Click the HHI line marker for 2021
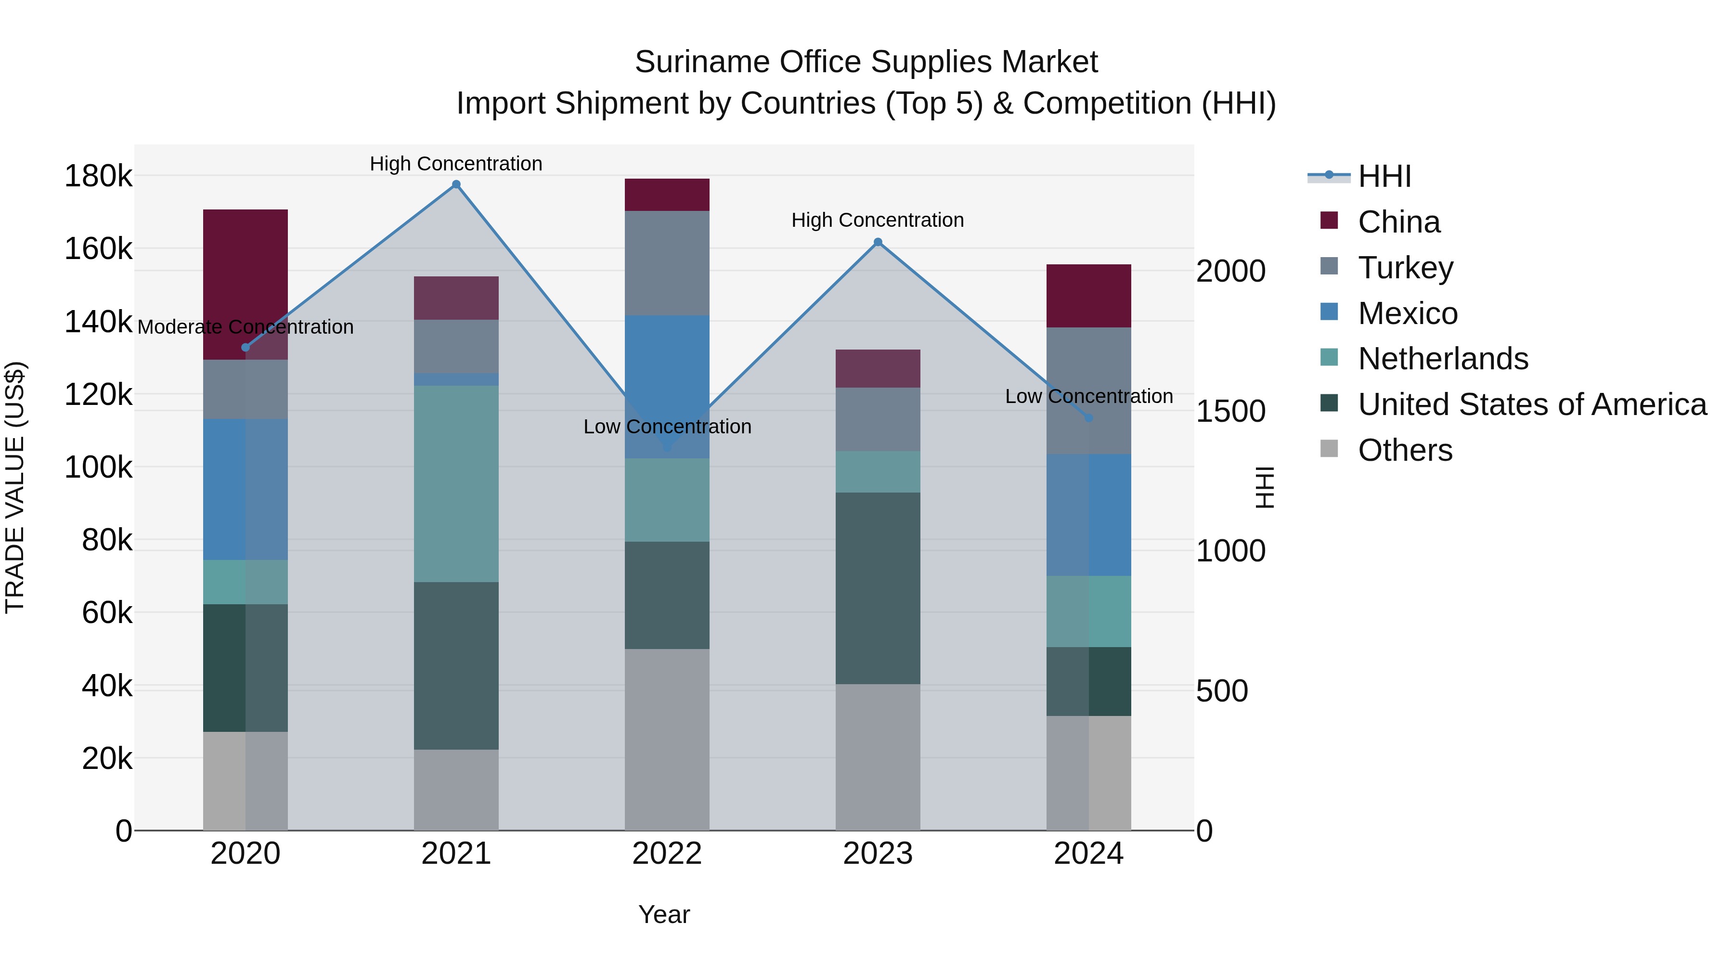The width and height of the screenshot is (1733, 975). pyautogui.click(x=456, y=184)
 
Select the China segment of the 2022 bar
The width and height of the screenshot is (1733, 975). pyautogui.click(x=667, y=195)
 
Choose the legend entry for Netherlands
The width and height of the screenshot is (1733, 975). pyautogui.click(x=1442, y=359)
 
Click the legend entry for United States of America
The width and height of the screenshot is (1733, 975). pyautogui.click(x=1531, y=404)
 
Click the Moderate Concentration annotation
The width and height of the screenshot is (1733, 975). pyautogui.click(x=246, y=327)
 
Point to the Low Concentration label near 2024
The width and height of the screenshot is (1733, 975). pyautogui.click(x=1088, y=396)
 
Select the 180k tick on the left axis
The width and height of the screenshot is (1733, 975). pyautogui.click(x=98, y=176)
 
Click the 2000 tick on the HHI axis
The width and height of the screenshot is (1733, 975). pyautogui.click(x=1230, y=271)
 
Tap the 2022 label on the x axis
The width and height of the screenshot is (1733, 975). pyautogui.click(x=667, y=854)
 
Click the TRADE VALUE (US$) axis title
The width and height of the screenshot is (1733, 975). pyautogui.click(x=15, y=487)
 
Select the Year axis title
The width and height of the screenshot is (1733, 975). pyautogui.click(x=664, y=914)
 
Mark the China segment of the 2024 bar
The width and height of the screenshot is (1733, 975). pyautogui.click(x=1088, y=296)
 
